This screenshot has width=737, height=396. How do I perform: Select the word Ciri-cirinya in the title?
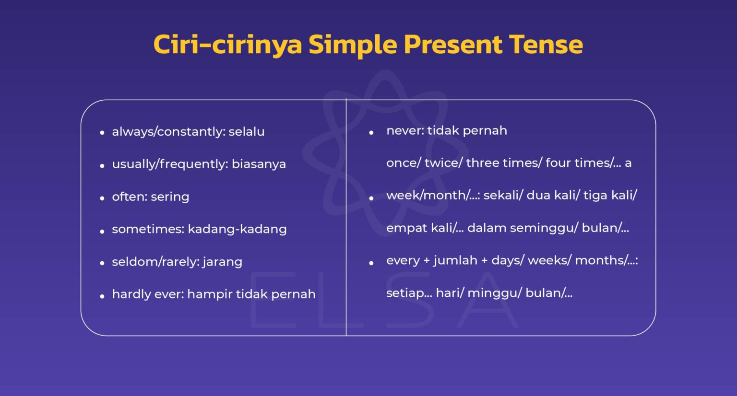[227, 45]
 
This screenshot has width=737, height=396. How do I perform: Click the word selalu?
[246, 131]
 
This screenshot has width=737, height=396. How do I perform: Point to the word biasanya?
[259, 164]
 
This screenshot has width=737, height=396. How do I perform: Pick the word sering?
[170, 197]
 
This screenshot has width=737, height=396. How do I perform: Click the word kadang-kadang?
[237, 229]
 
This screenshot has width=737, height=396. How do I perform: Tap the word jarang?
[222, 262]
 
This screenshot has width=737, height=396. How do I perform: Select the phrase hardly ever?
[147, 294]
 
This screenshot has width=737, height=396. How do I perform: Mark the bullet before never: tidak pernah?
[371, 133]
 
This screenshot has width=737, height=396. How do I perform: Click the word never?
[404, 130]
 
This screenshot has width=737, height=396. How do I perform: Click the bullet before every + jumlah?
[371, 263]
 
